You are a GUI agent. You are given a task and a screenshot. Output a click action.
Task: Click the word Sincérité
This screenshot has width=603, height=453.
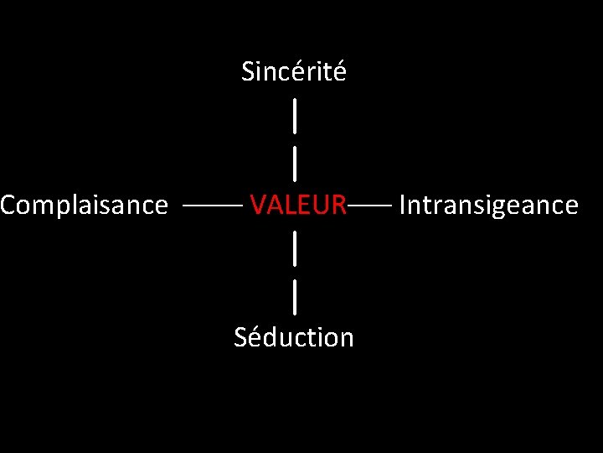293,72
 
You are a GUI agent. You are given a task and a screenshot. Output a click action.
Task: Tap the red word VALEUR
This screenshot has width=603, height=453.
298,205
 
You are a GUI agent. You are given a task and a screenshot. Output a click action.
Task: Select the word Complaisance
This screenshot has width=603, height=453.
84,206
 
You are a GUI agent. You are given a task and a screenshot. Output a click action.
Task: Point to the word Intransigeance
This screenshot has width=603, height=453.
488,206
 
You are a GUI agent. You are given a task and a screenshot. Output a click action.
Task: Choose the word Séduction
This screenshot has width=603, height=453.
294,337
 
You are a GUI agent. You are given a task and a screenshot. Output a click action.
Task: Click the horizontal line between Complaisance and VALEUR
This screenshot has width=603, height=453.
213,205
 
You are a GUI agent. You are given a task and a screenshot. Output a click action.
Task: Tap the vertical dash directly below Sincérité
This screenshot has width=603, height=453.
295,115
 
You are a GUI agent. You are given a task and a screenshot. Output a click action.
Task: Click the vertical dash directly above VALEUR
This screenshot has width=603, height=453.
295,163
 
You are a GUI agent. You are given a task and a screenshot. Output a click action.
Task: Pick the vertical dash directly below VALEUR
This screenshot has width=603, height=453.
295,247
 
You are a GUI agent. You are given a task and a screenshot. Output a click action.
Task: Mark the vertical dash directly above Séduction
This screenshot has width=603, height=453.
295,296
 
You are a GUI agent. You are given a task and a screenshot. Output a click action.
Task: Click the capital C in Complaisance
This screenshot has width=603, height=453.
8,205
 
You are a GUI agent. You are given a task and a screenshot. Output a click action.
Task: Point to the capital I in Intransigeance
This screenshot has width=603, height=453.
403,205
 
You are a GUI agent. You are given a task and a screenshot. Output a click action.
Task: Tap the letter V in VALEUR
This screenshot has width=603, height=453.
258,205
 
